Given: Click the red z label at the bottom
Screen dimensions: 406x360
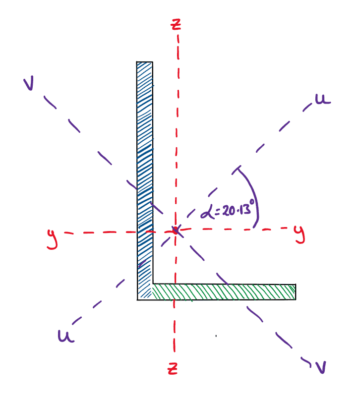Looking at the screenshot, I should tap(173, 368).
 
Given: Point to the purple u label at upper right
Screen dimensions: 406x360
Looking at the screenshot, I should tap(322, 100).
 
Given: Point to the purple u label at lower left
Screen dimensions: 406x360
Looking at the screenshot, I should tap(65, 337).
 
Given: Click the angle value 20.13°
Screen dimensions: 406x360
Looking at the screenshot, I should tap(234, 210).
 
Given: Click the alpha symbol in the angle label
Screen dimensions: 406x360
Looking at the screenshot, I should tap(207, 213).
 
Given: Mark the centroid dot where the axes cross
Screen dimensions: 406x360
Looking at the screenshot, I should tap(175, 230).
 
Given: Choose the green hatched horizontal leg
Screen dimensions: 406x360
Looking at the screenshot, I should tap(223, 291).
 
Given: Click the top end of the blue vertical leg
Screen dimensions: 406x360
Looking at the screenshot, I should tap(145, 63).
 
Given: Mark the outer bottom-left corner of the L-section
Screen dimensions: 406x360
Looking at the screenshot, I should tap(138, 299).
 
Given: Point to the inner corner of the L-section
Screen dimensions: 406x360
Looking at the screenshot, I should tap(153, 285).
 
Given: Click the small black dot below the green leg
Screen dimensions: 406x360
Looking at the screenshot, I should tap(216, 336).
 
